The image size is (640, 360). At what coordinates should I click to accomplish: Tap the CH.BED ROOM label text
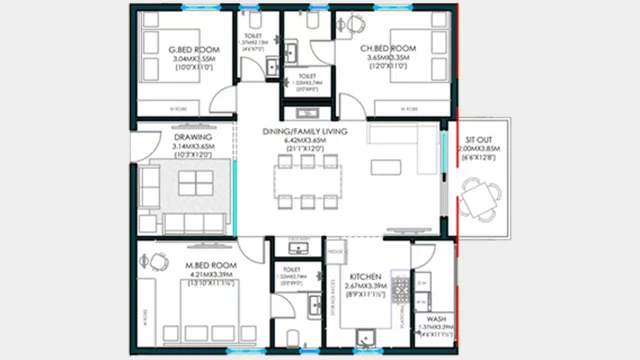click(x=389, y=49)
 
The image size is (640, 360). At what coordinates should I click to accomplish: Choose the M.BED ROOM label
click(x=209, y=264)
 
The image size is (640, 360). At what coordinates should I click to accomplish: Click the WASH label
click(x=436, y=320)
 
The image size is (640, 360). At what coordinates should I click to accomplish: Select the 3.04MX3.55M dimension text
click(x=193, y=60)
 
